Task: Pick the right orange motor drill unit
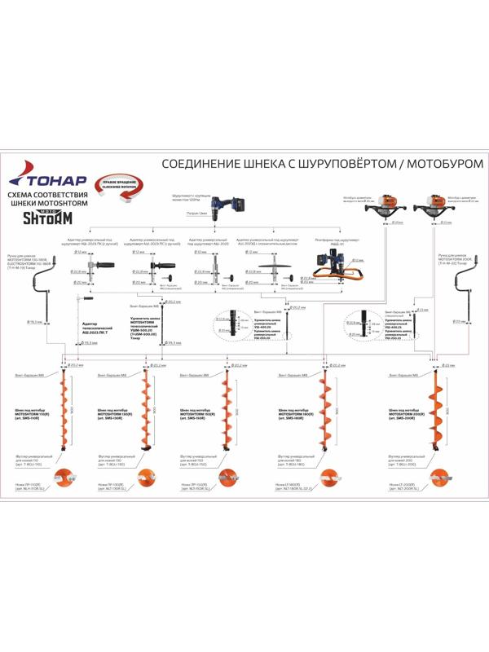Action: [441, 207]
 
